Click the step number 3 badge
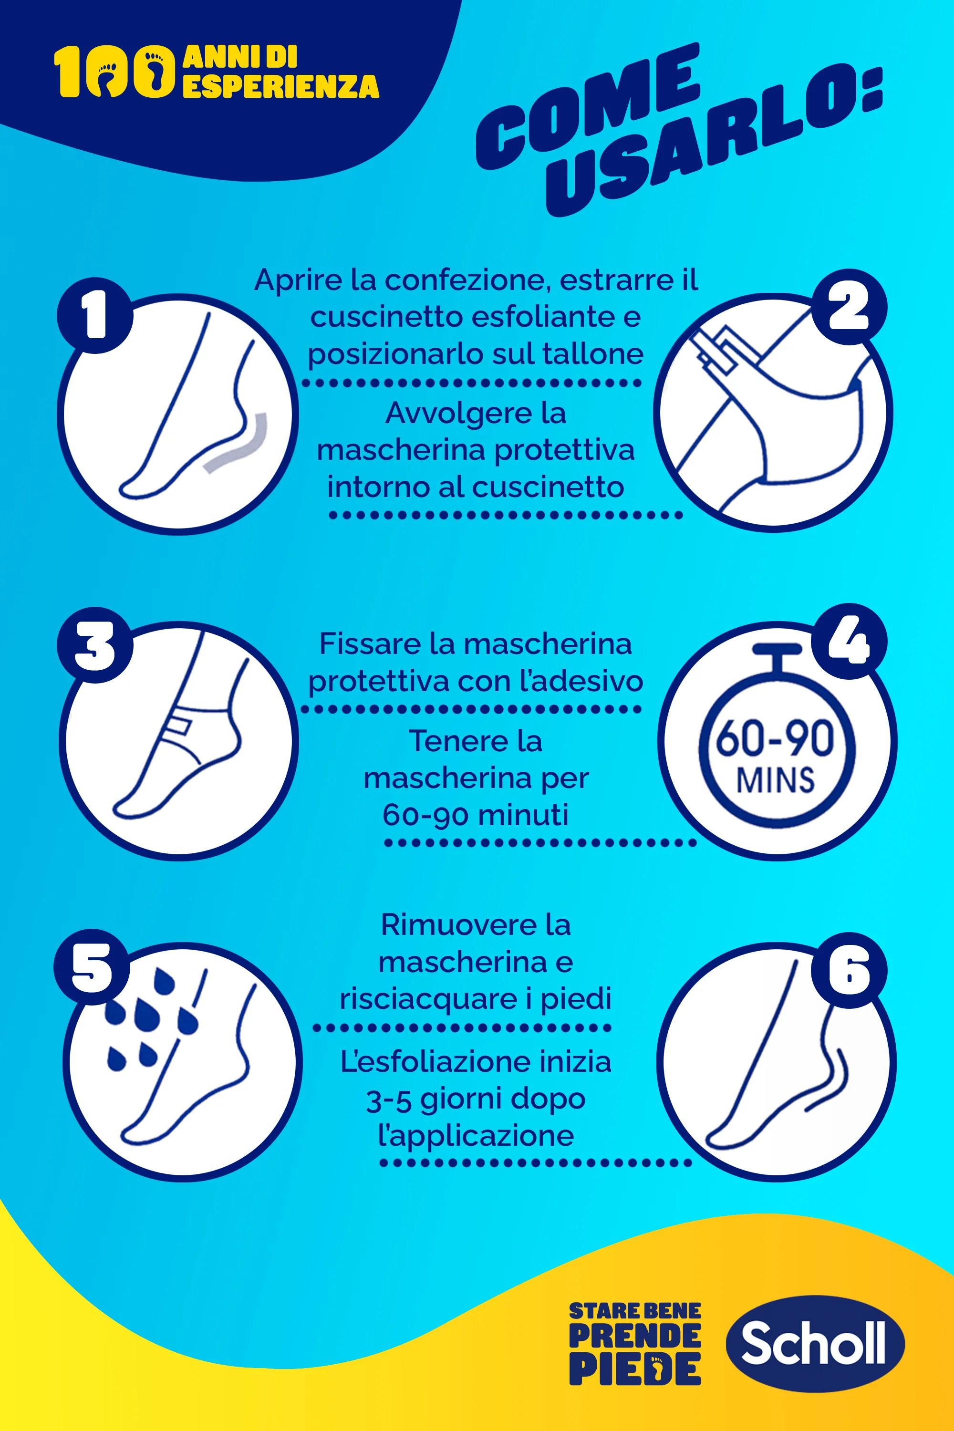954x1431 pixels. pos(95,645)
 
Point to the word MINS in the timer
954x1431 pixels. pos(775,780)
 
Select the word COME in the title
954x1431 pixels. pos(588,106)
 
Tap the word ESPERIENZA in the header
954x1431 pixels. pos(280,86)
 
